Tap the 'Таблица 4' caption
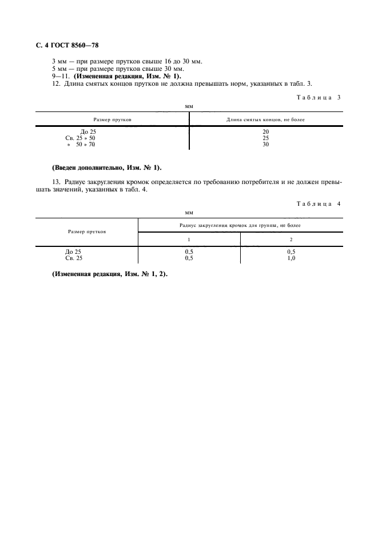click(319, 204)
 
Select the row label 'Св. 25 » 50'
click(80, 138)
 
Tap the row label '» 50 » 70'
click(81, 144)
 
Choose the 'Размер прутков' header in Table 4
click(86, 231)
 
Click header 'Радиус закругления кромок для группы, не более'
click(240, 225)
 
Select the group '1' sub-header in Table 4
click(189, 239)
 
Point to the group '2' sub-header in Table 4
click(291, 239)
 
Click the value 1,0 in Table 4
click(291, 258)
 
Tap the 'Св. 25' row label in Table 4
click(74, 258)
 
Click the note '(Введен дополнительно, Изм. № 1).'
click(107, 167)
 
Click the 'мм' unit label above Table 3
click(189, 106)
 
